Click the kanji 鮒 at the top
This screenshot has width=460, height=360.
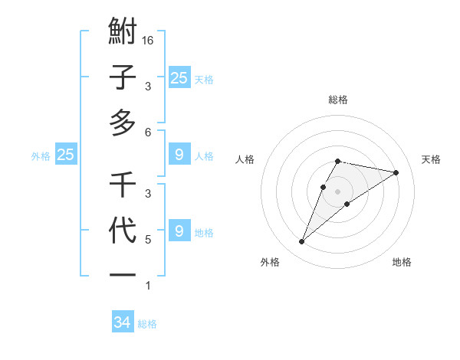[123, 33]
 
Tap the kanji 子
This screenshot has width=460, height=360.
[123, 78]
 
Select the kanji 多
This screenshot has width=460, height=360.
[123, 123]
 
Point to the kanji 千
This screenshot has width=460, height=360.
[123, 185]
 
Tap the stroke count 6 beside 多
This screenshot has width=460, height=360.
[148, 132]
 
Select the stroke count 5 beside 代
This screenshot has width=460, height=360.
[148, 240]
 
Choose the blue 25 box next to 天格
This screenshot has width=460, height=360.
[179, 77]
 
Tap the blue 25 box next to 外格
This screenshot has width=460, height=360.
[66, 155]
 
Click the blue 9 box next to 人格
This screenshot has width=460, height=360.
[179, 155]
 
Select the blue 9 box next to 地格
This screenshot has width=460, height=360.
[179, 231]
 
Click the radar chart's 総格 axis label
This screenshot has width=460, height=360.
[338, 100]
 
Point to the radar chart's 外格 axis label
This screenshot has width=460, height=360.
[270, 262]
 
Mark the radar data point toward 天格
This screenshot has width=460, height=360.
[396, 172]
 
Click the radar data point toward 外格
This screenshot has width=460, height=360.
[301, 242]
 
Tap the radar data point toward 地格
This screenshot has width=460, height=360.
[347, 203]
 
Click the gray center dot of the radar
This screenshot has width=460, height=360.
[337, 191]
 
